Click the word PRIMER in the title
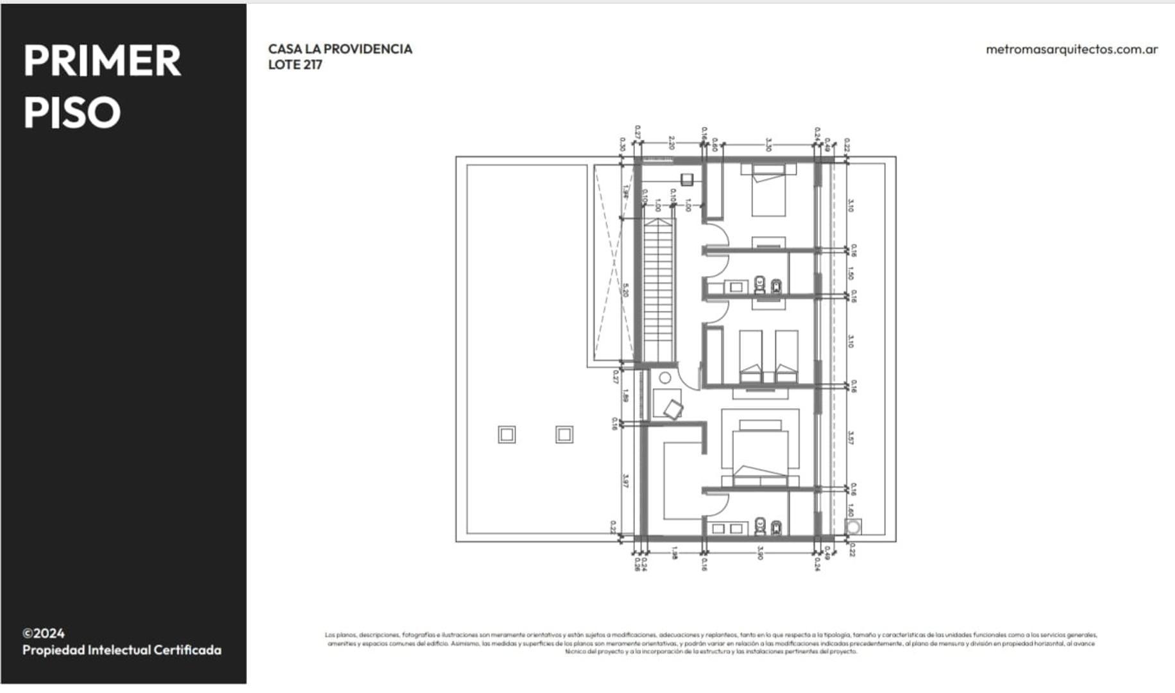click(x=102, y=61)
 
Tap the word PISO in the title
click(x=72, y=112)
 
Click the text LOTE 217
click(x=295, y=65)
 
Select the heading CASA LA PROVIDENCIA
click(x=340, y=49)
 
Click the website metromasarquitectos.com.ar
click(x=1071, y=49)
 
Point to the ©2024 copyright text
click(x=44, y=633)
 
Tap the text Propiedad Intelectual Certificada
click(x=122, y=650)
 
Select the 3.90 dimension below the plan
click(x=760, y=552)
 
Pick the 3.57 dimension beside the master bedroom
click(x=850, y=438)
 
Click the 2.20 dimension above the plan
click(x=672, y=142)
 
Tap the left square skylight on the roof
click(x=507, y=435)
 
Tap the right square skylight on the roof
click(x=564, y=435)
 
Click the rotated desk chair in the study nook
click(x=673, y=409)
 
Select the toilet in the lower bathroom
click(x=760, y=527)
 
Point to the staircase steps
click(x=659, y=289)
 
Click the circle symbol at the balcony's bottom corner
click(x=853, y=527)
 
